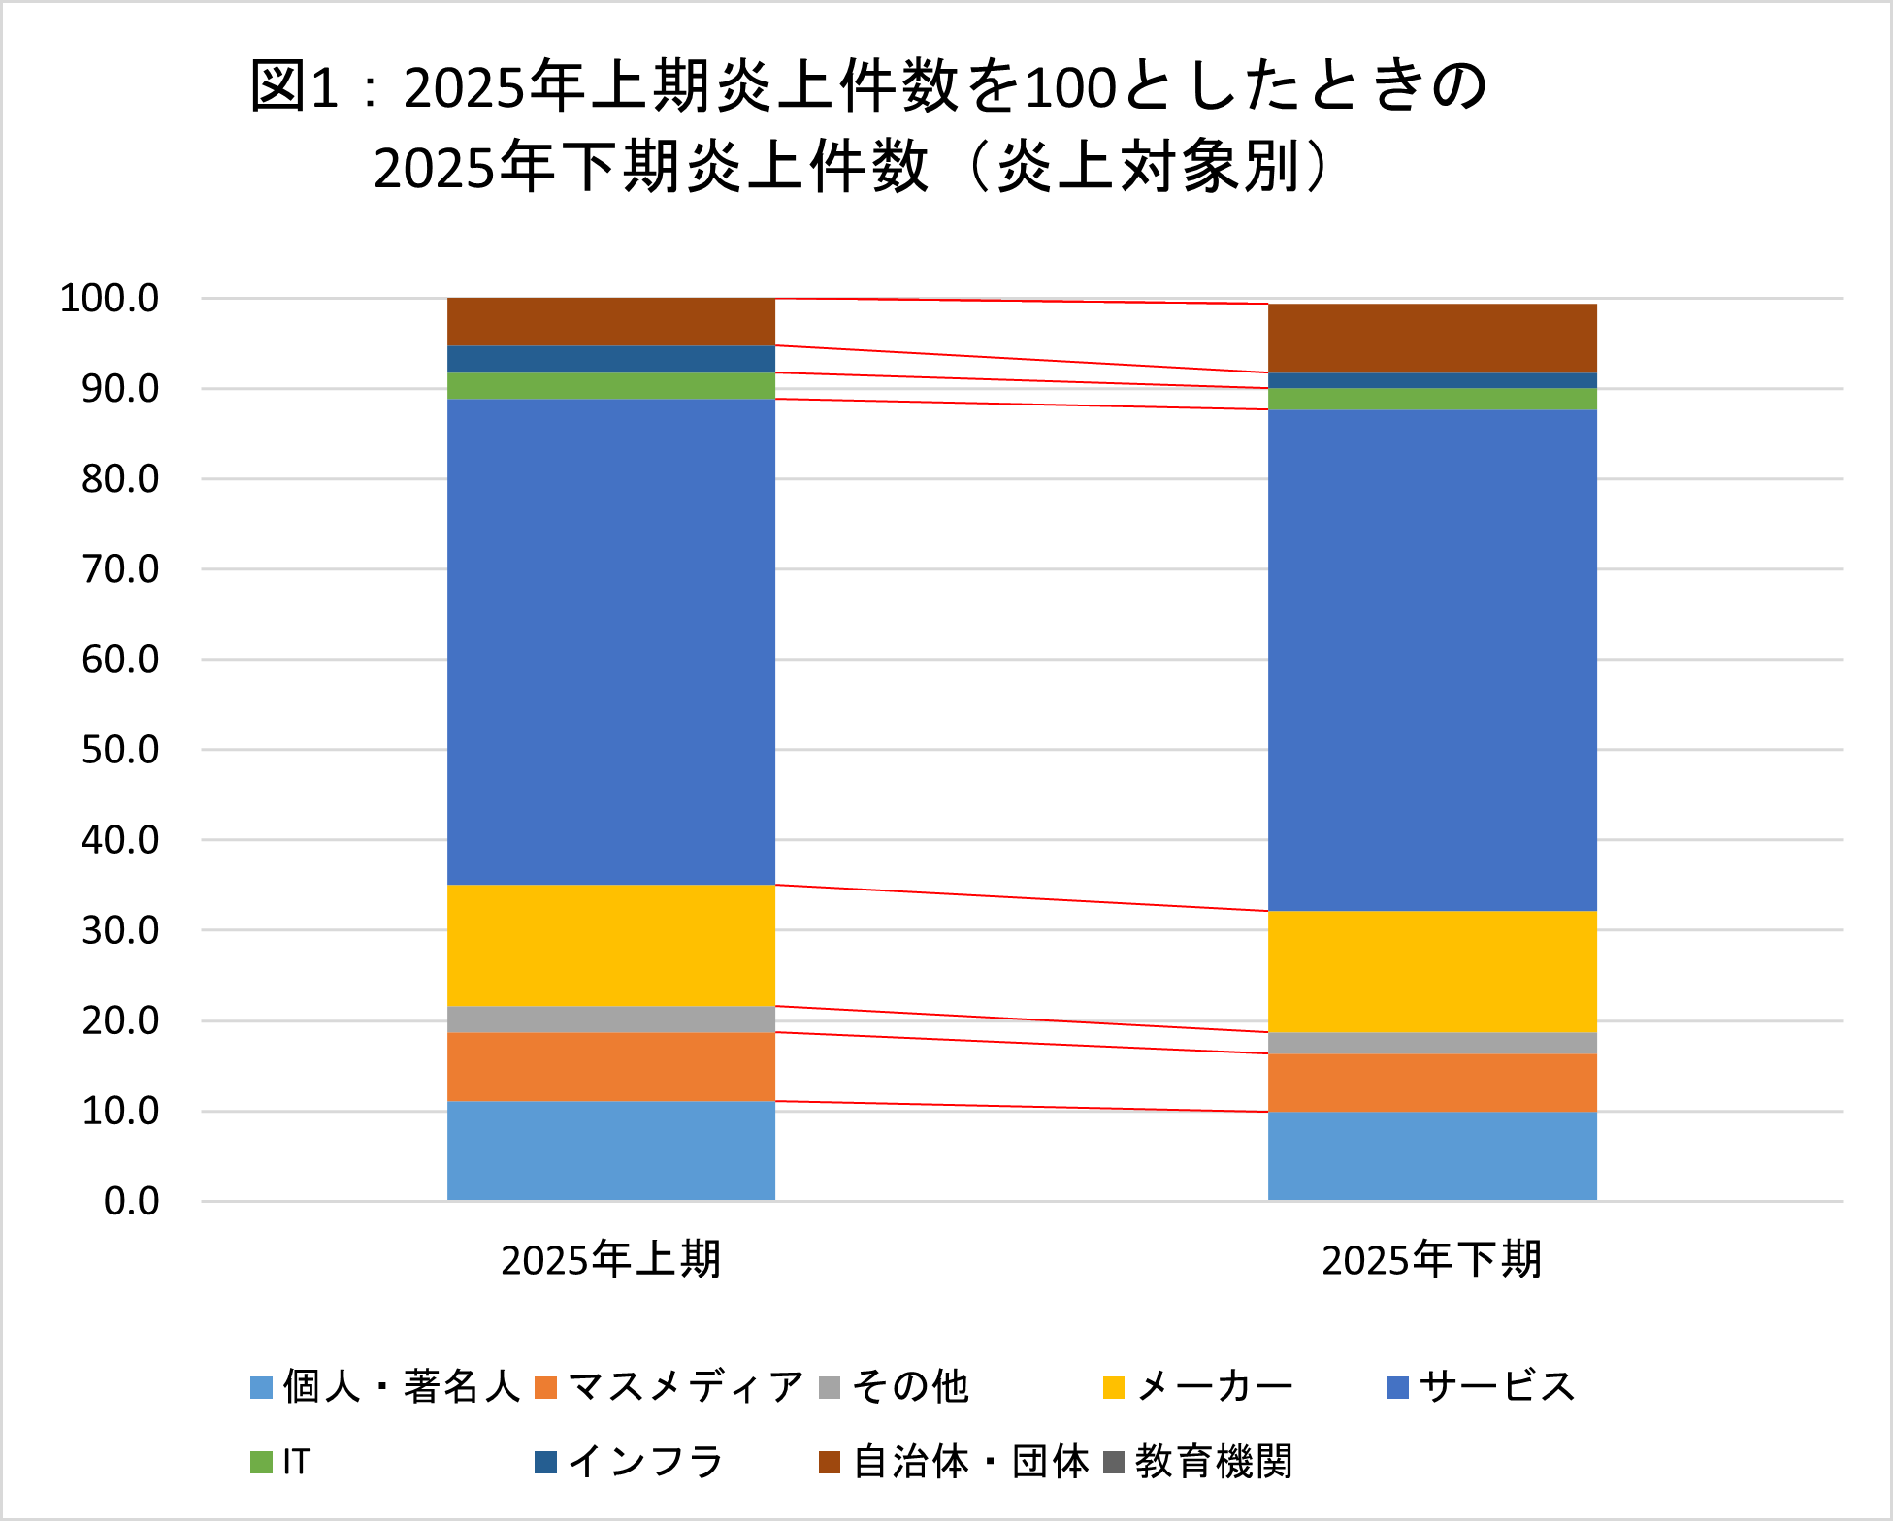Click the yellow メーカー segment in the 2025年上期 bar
coord(610,945)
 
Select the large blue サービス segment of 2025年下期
coord(1431,660)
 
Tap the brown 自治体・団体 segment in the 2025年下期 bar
coord(1431,338)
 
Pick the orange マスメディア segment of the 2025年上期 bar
coord(610,1066)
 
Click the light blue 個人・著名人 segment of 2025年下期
coord(1431,1155)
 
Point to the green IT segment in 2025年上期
coord(610,385)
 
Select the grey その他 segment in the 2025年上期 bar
coord(610,1019)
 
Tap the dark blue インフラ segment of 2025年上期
coord(610,359)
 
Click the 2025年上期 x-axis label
coord(610,1259)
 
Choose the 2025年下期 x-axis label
coord(1431,1259)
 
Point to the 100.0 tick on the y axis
coord(110,298)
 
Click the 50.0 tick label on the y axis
coord(120,749)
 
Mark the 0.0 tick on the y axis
coord(131,1201)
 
